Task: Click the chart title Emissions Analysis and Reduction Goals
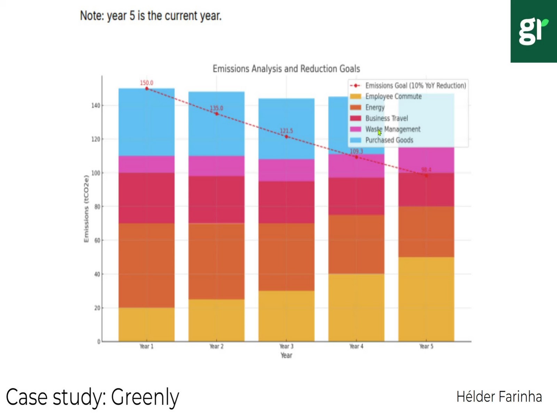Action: [x=286, y=69]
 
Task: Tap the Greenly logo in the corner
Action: [x=533, y=31]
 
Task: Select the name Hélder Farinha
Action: [x=499, y=397]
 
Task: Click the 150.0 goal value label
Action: [x=147, y=83]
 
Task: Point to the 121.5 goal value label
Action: [x=287, y=131]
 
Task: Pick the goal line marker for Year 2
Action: [x=217, y=114]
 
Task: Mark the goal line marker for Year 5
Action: [x=426, y=176]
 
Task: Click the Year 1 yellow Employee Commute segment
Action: [x=147, y=324]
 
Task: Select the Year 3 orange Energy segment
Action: [x=286, y=257]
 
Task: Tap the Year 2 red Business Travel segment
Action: [x=217, y=200]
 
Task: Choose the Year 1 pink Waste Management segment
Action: [x=147, y=164]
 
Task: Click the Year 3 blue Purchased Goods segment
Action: [x=286, y=129]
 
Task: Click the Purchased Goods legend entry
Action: [x=389, y=140]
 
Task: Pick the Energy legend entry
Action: [x=375, y=107]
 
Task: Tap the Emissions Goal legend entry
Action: [x=415, y=86]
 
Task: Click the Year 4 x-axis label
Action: [x=356, y=346]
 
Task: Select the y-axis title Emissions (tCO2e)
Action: [x=86, y=209]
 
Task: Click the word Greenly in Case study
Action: [x=145, y=397]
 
